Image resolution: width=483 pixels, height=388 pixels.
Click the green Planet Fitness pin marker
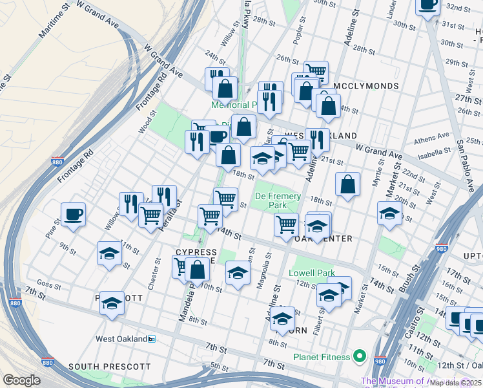point(360,356)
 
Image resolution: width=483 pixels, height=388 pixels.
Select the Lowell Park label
point(311,273)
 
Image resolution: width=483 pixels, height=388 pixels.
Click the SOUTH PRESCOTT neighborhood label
point(110,367)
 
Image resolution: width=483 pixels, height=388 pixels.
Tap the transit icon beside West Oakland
point(152,338)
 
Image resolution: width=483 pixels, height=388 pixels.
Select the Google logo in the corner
point(21,380)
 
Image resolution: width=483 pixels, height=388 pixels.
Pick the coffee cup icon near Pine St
point(73,214)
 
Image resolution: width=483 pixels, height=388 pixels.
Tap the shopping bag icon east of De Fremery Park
point(347,184)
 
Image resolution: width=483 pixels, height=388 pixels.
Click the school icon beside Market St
point(390,213)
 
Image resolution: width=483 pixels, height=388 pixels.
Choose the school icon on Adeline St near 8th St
point(282,318)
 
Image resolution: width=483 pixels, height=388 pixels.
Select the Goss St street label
point(48,283)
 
